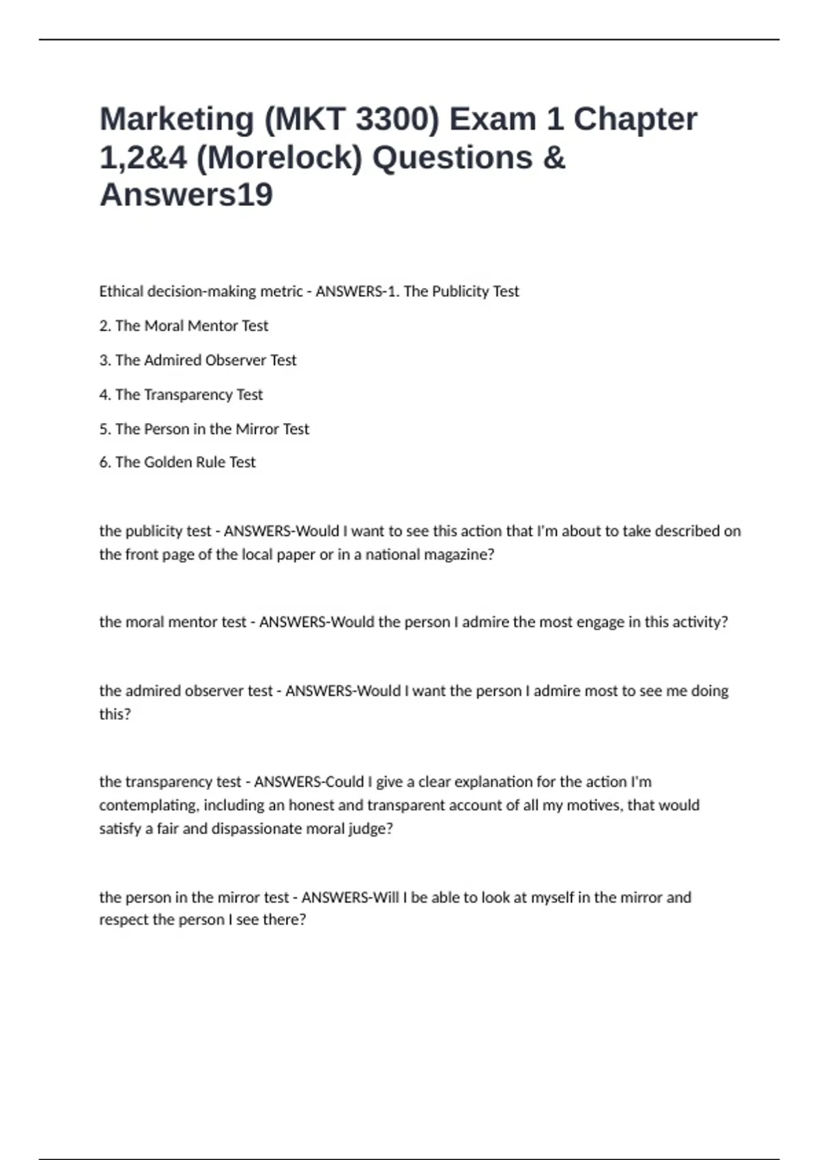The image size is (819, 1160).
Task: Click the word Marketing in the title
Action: [x=177, y=120]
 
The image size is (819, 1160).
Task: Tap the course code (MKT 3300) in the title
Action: [x=351, y=120]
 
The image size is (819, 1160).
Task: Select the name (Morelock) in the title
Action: [x=279, y=158]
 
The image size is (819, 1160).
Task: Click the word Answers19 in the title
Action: [x=186, y=195]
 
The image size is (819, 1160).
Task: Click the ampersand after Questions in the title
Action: [x=555, y=158]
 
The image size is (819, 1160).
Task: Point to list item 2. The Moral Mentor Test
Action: [x=184, y=326]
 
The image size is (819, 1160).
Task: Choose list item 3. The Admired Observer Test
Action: [x=198, y=360]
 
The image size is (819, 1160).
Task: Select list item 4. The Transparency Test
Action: [x=181, y=395]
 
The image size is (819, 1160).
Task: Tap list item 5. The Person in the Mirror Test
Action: [x=204, y=429]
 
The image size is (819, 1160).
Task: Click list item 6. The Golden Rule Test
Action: [x=177, y=463]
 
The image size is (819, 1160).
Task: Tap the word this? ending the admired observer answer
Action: [x=115, y=714]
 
